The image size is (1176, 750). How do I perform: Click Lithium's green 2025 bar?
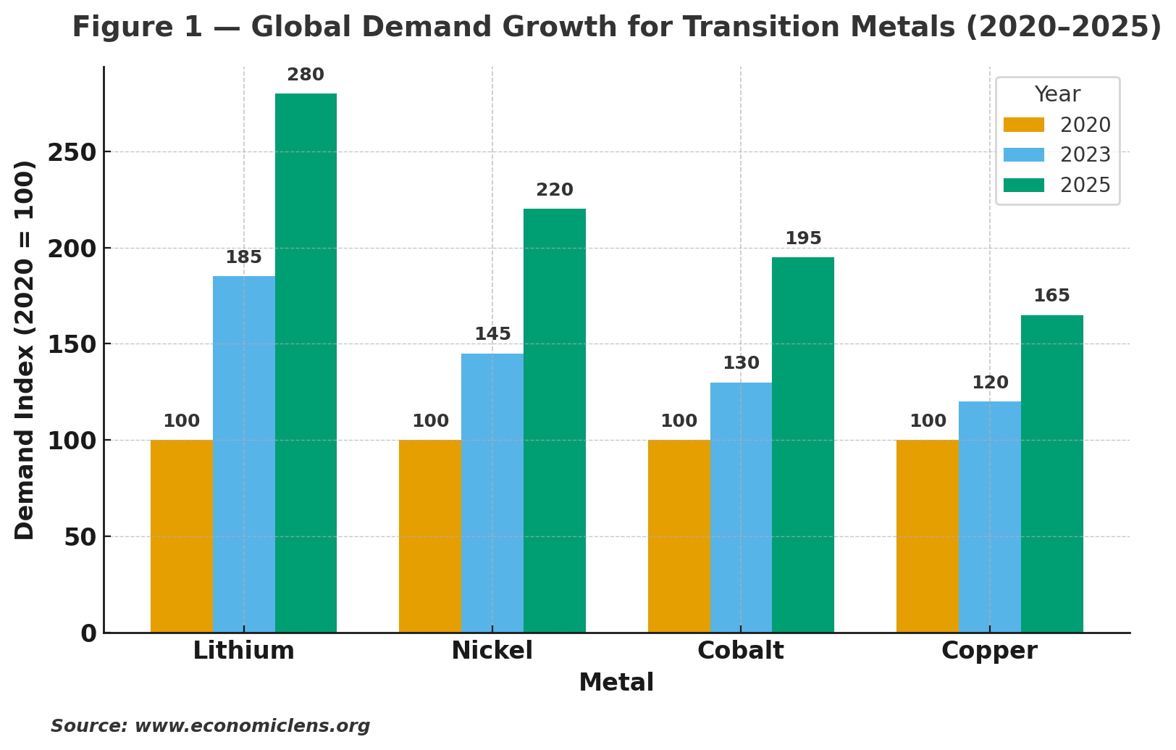pos(306,362)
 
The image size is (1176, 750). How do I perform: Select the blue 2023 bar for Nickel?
pos(492,493)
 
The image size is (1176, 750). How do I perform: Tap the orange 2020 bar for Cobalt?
pos(679,536)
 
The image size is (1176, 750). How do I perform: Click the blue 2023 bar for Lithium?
pos(244,454)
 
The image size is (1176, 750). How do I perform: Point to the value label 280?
pos(306,75)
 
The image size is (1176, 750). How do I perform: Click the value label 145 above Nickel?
pos(492,335)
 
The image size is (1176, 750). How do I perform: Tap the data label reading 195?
pos(803,239)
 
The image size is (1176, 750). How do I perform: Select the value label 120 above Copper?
pos(990,383)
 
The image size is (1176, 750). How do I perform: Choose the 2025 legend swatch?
pos(1024,186)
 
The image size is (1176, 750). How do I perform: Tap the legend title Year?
pos(1057,95)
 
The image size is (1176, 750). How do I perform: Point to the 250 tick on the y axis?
pos(72,153)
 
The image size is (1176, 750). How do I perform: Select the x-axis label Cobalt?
pos(740,651)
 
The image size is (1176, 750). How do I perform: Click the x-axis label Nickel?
pos(492,651)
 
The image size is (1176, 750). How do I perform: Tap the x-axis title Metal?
pos(616,683)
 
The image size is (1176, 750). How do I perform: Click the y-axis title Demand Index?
pos(25,349)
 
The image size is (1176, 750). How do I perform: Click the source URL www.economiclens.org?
pos(252,726)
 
